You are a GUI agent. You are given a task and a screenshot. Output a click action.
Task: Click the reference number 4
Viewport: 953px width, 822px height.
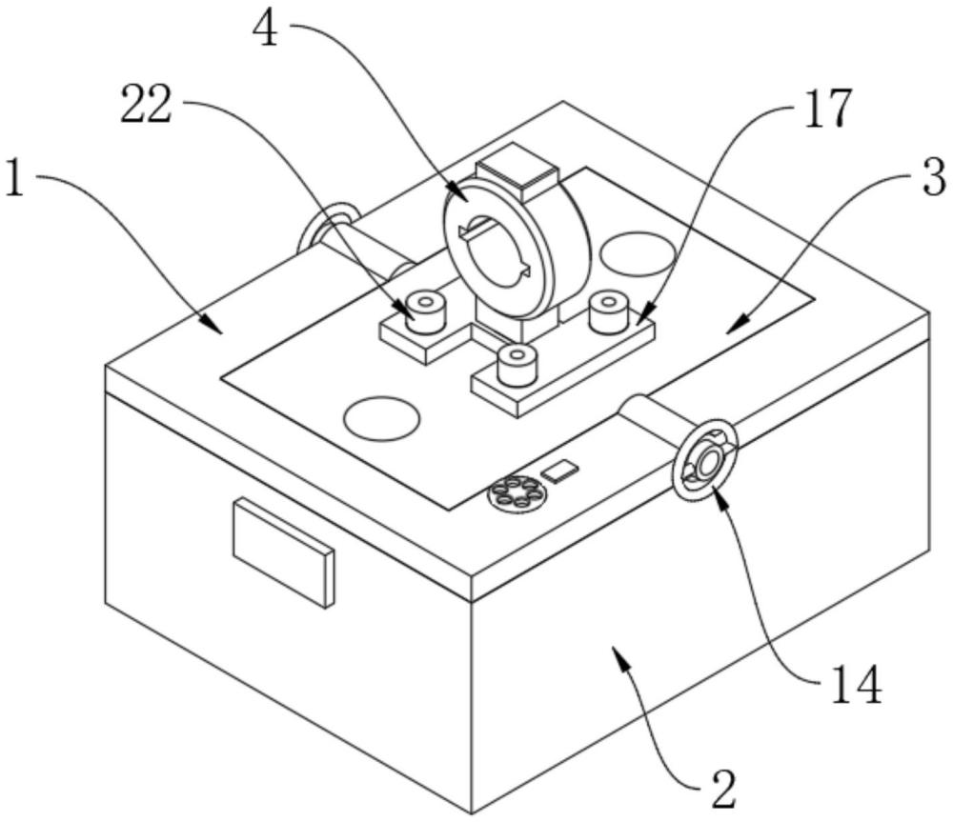(265, 30)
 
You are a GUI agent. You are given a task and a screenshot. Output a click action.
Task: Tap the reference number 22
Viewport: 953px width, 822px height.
(146, 105)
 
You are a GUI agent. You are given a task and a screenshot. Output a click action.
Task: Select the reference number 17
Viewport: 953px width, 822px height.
(827, 109)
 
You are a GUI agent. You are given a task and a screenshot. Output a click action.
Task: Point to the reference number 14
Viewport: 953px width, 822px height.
(857, 684)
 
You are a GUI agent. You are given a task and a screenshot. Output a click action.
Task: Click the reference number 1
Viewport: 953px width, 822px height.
(15, 177)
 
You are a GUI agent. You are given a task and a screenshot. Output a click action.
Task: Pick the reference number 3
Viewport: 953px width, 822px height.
(934, 175)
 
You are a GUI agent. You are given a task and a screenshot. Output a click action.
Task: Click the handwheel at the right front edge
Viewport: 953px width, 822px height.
(705, 459)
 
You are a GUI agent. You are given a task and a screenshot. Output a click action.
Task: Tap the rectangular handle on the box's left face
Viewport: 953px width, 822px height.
(284, 551)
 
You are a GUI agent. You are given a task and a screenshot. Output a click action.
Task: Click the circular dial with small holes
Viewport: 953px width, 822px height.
(517, 491)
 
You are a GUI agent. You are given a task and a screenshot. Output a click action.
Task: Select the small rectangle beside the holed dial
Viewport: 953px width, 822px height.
(559, 471)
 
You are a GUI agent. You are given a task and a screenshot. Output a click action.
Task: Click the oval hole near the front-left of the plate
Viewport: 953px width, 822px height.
(382, 418)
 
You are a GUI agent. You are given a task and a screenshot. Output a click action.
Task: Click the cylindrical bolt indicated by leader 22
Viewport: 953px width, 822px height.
(424, 311)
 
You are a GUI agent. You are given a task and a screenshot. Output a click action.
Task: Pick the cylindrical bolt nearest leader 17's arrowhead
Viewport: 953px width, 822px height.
(609, 312)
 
